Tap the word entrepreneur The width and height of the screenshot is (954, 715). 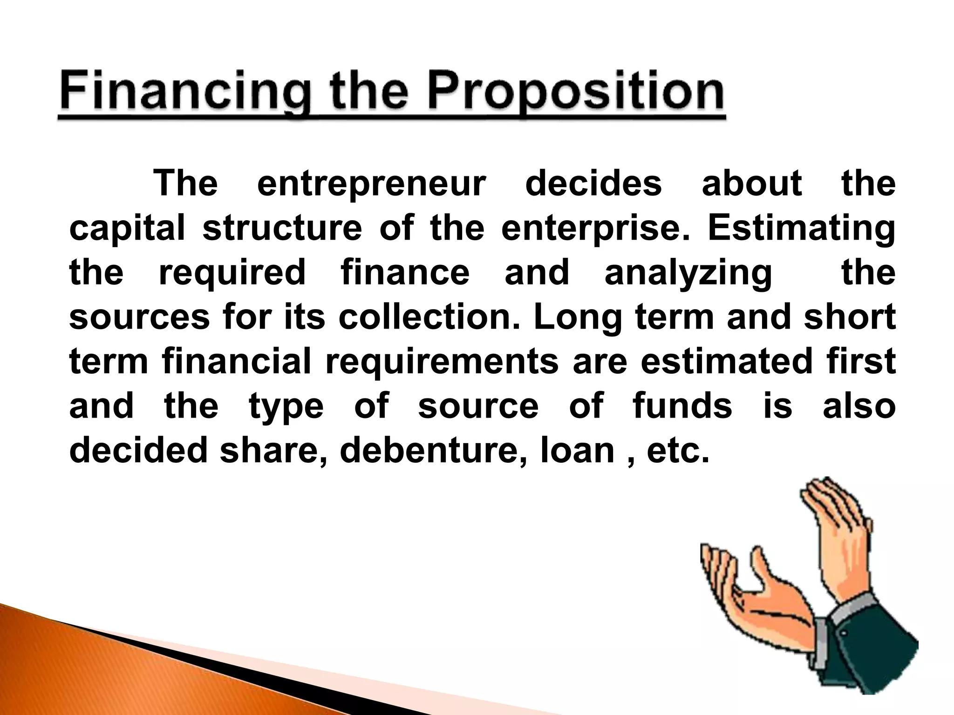pyautogui.click(x=371, y=184)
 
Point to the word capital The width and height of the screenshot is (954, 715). pyautogui.click(x=127, y=229)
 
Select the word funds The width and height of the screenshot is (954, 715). pyautogui.click(x=682, y=405)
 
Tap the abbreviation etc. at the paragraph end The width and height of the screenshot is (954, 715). pyautogui.click(x=678, y=451)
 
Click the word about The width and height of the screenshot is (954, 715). pyautogui.click(x=752, y=184)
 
